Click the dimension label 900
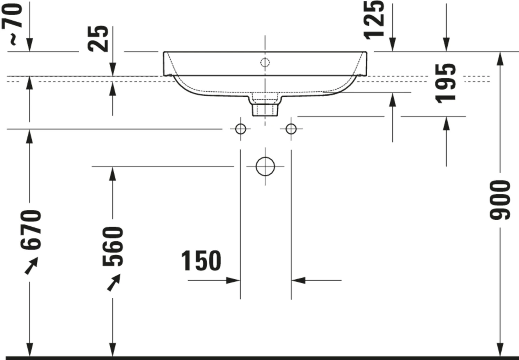pyautogui.click(x=500, y=200)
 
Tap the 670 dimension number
pyautogui.click(x=31, y=229)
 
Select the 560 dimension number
pyautogui.click(x=112, y=246)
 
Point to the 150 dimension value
pyautogui.click(x=201, y=261)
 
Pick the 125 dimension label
pyautogui.click(x=374, y=20)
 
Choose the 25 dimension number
pyautogui.click(x=98, y=39)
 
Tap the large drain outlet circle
pyautogui.click(x=265, y=166)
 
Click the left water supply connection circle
pyautogui.click(x=240, y=129)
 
